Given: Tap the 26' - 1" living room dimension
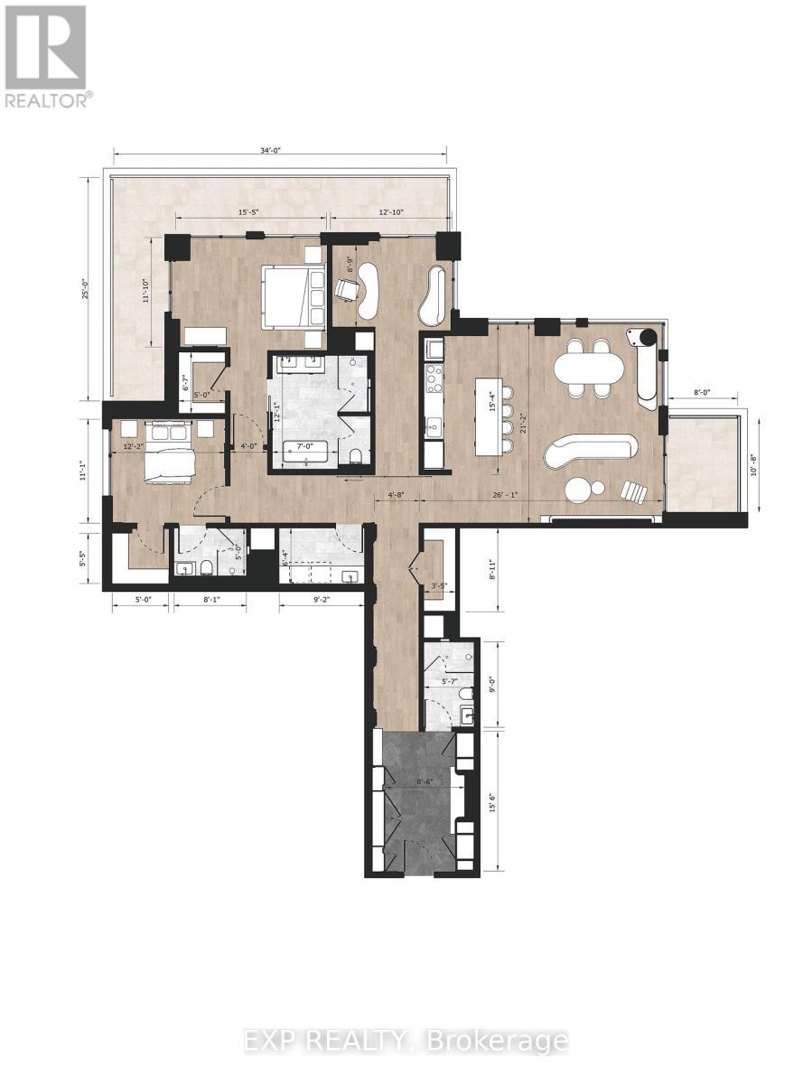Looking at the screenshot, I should (507, 495).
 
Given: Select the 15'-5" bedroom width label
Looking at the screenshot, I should (251, 212).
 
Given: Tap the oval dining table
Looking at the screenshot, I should (589, 369).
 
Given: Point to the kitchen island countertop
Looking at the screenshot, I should (489, 416).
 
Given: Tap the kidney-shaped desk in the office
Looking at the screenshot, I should (368, 290).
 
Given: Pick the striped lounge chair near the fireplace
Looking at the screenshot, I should (634, 492).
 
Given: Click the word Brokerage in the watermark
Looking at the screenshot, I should (514, 1041).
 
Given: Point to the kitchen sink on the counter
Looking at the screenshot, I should (433, 425).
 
